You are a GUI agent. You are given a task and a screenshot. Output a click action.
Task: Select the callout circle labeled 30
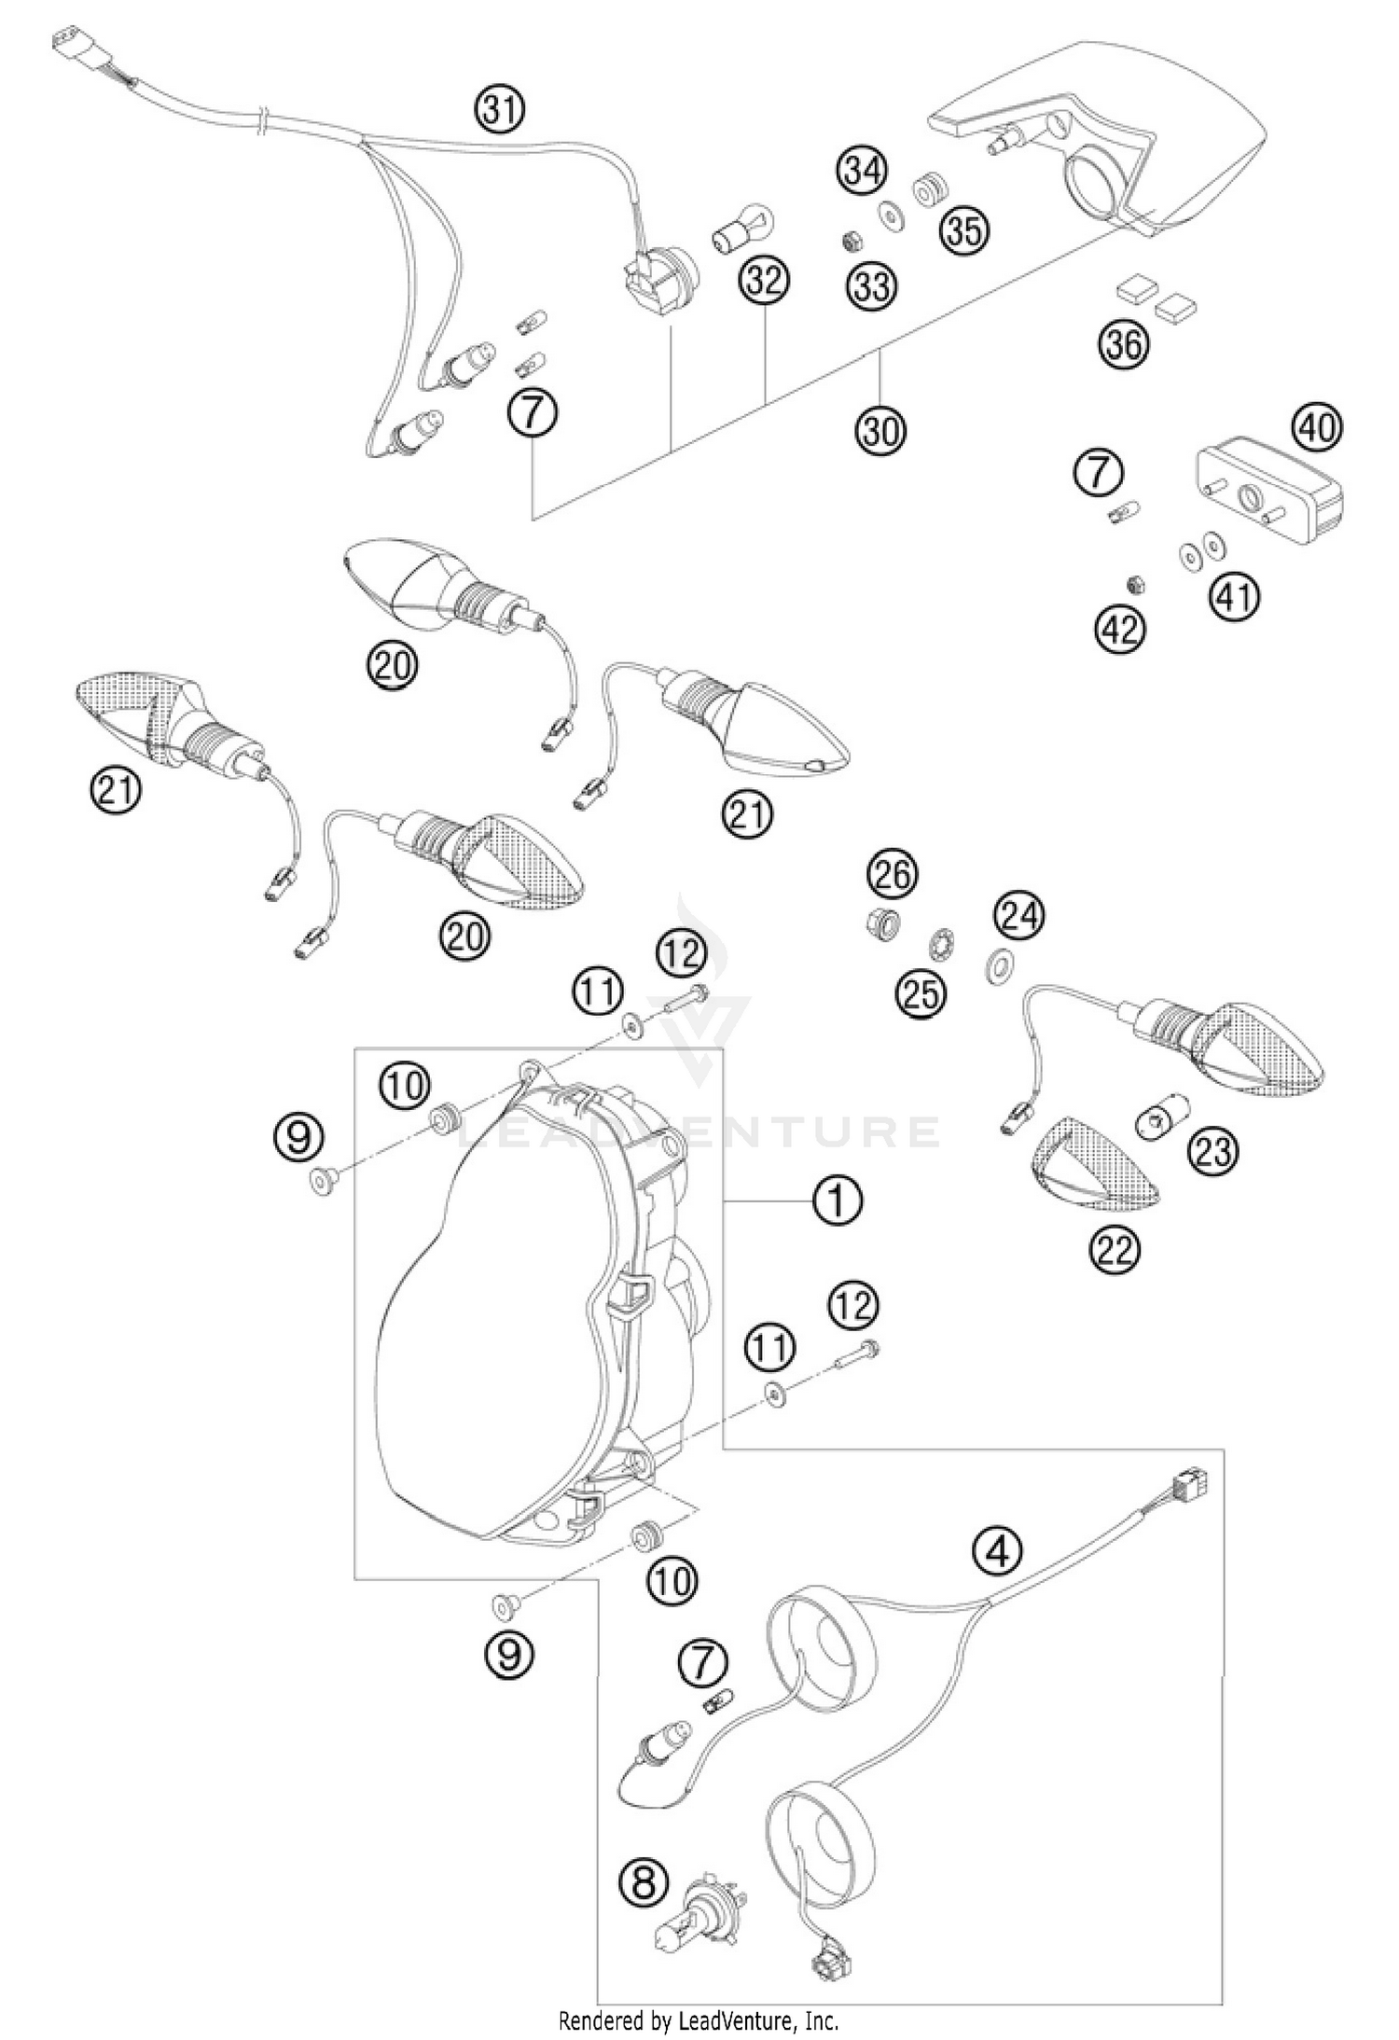(x=881, y=430)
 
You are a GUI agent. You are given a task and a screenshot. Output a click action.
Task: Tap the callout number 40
(x=1316, y=428)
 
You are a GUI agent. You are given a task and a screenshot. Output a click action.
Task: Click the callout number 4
(x=998, y=1553)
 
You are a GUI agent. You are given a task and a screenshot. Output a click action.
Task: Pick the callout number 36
(x=1124, y=345)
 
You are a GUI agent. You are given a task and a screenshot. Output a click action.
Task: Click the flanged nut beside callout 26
(x=880, y=925)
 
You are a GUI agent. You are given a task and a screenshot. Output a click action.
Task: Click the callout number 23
(x=1212, y=1151)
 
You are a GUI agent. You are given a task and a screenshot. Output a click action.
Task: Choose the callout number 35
(x=964, y=230)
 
